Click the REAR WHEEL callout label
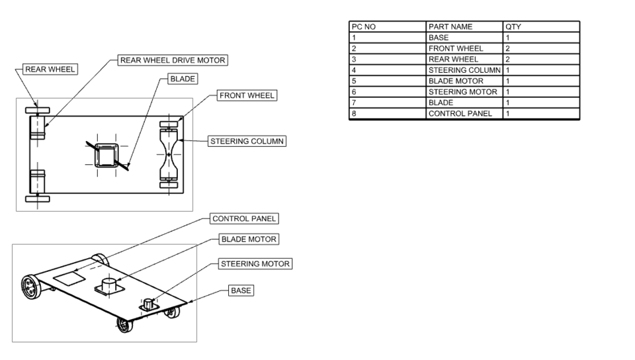(x=50, y=69)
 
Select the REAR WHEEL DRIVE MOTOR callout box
(x=172, y=60)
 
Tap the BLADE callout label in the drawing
(x=183, y=79)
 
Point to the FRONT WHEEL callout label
(x=247, y=96)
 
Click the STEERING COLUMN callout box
(x=247, y=141)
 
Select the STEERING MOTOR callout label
(x=255, y=264)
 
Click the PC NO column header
(x=388, y=27)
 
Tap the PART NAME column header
(x=464, y=27)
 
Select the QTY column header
(x=541, y=27)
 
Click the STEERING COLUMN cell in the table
(x=464, y=70)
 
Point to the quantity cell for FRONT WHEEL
(x=541, y=48)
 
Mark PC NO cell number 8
(x=388, y=113)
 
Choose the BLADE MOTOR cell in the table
(x=464, y=81)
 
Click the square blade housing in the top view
(x=106, y=156)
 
